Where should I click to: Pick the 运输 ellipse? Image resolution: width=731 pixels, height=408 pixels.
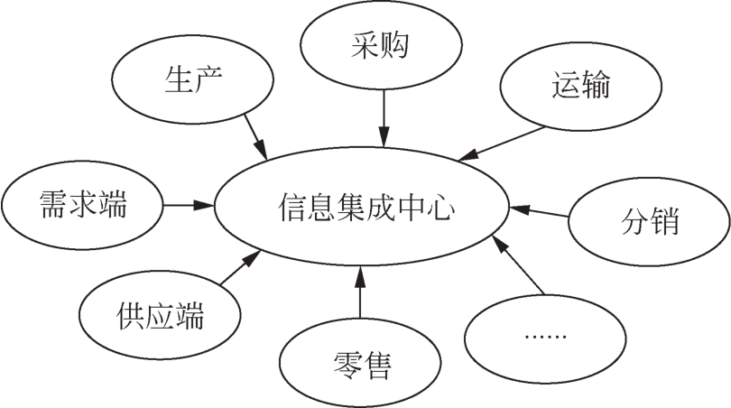pos(578,88)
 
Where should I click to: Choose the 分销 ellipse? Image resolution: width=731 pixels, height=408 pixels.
pos(648,220)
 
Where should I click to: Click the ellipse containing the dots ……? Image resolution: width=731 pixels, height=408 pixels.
pos(545,336)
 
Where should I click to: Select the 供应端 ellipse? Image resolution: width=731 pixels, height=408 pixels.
pos(160,317)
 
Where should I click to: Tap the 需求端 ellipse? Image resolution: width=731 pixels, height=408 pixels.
pos(83,205)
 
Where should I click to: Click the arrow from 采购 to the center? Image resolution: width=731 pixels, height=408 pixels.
pos(384,117)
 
